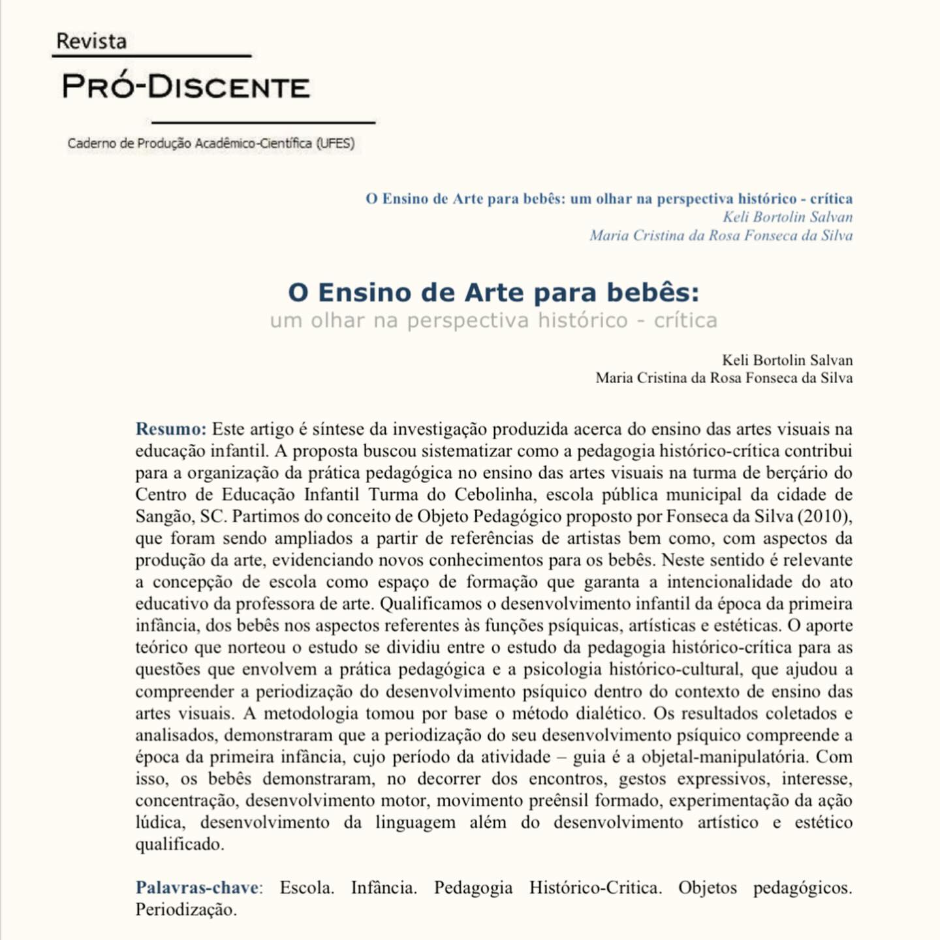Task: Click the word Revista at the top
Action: pos(91,41)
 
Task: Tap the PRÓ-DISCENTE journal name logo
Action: pos(185,87)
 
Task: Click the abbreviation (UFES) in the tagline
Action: pos(336,144)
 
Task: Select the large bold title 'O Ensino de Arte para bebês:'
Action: pos(493,292)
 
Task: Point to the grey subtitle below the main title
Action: pos(493,321)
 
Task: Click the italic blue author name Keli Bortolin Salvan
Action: pos(787,217)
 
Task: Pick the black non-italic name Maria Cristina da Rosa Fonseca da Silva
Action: pos(724,378)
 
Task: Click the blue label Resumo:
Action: pos(171,430)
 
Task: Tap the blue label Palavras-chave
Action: pos(197,888)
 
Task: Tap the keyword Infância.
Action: pos(384,888)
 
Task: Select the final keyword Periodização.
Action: pos(186,910)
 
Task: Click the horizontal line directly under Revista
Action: pos(151,56)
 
